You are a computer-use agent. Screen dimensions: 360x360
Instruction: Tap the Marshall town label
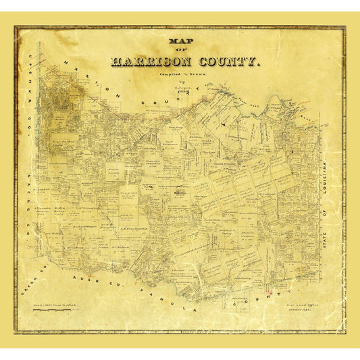pos(178,192)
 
